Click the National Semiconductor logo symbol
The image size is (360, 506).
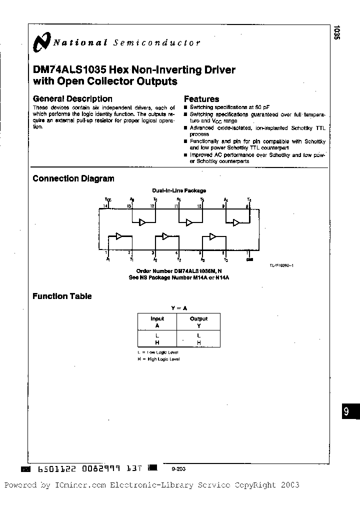(41, 42)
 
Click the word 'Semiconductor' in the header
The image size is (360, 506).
(157, 43)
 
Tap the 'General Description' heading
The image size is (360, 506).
(72, 99)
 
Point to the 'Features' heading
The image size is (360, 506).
(201, 99)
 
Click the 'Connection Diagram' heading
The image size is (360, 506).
(73, 178)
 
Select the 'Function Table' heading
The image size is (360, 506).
(62, 296)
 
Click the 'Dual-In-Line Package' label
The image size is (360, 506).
(179, 190)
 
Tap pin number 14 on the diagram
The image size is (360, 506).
(105, 206)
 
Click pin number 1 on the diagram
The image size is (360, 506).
(106, 253)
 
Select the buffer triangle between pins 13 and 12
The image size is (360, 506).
(142, 222)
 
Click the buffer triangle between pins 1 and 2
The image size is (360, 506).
(119, 236)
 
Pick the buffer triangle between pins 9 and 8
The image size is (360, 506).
(236, 222)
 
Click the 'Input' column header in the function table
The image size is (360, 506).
(157, 318)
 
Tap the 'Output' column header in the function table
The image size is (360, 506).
(198, 318)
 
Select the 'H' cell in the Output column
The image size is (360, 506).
(198, 342)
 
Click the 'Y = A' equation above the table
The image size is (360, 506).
(178, 308)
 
